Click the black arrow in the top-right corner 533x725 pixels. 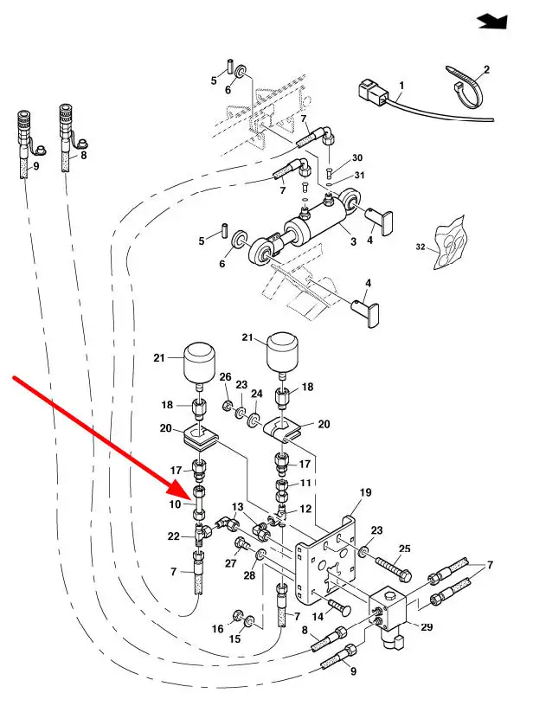coord(492,21)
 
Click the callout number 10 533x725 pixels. coord(175,504)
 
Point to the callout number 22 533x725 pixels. coord(175,537)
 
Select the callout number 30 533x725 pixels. coord(357,159)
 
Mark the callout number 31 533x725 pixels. coord(361,176)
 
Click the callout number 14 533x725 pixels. coord(317,615)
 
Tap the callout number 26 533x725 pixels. coord(225,377)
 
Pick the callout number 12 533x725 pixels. coord(304,510)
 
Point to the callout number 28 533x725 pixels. coord(248,576)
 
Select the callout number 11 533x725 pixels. coord(305,483)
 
